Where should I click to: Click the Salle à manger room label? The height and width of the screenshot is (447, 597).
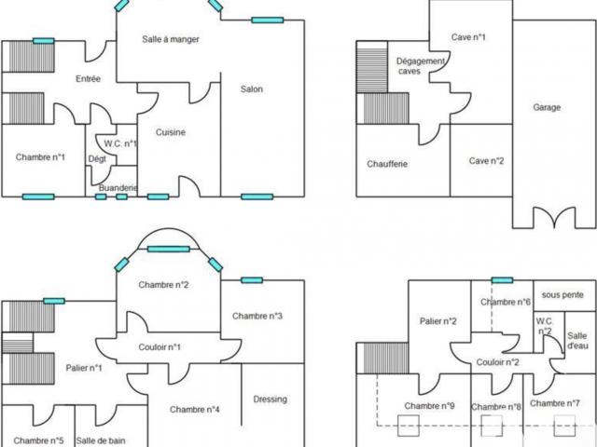(x=171, y=39)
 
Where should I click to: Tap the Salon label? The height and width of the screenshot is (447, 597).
(x=252, y=89)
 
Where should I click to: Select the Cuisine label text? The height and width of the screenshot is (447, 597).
(x=171, y=132)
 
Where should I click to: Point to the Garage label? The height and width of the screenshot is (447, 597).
(x=547, y=108)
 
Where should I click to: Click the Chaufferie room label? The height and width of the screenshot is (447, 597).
(x=387, y=164)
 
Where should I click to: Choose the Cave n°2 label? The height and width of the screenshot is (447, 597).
(x=486, y=161)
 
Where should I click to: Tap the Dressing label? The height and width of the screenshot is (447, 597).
(x=270, y=400)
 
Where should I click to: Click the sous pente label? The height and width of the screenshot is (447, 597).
(x=562, y=295)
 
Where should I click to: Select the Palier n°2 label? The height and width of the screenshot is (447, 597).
(x=437, y=321)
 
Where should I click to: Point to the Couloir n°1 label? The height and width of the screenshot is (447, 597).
(x=160, y=347)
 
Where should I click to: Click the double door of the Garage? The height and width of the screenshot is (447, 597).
(x=554, y=217)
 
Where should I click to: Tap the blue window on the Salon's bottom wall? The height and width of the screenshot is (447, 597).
(x=257, y=196)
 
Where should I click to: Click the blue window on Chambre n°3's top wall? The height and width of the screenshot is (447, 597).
(x=252, y=280)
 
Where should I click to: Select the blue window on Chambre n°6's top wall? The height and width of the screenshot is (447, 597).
(x=502, y=280)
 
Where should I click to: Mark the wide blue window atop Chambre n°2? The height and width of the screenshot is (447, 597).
(x=168, y=250)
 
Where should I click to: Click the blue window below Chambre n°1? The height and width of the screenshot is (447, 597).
(x=38, y=196)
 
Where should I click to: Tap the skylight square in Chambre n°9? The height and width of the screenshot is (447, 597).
(x=409, y=426)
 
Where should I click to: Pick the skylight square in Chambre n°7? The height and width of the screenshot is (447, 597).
(x=564, y=426)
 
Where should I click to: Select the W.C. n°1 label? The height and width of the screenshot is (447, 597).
(x=120, y=143)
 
